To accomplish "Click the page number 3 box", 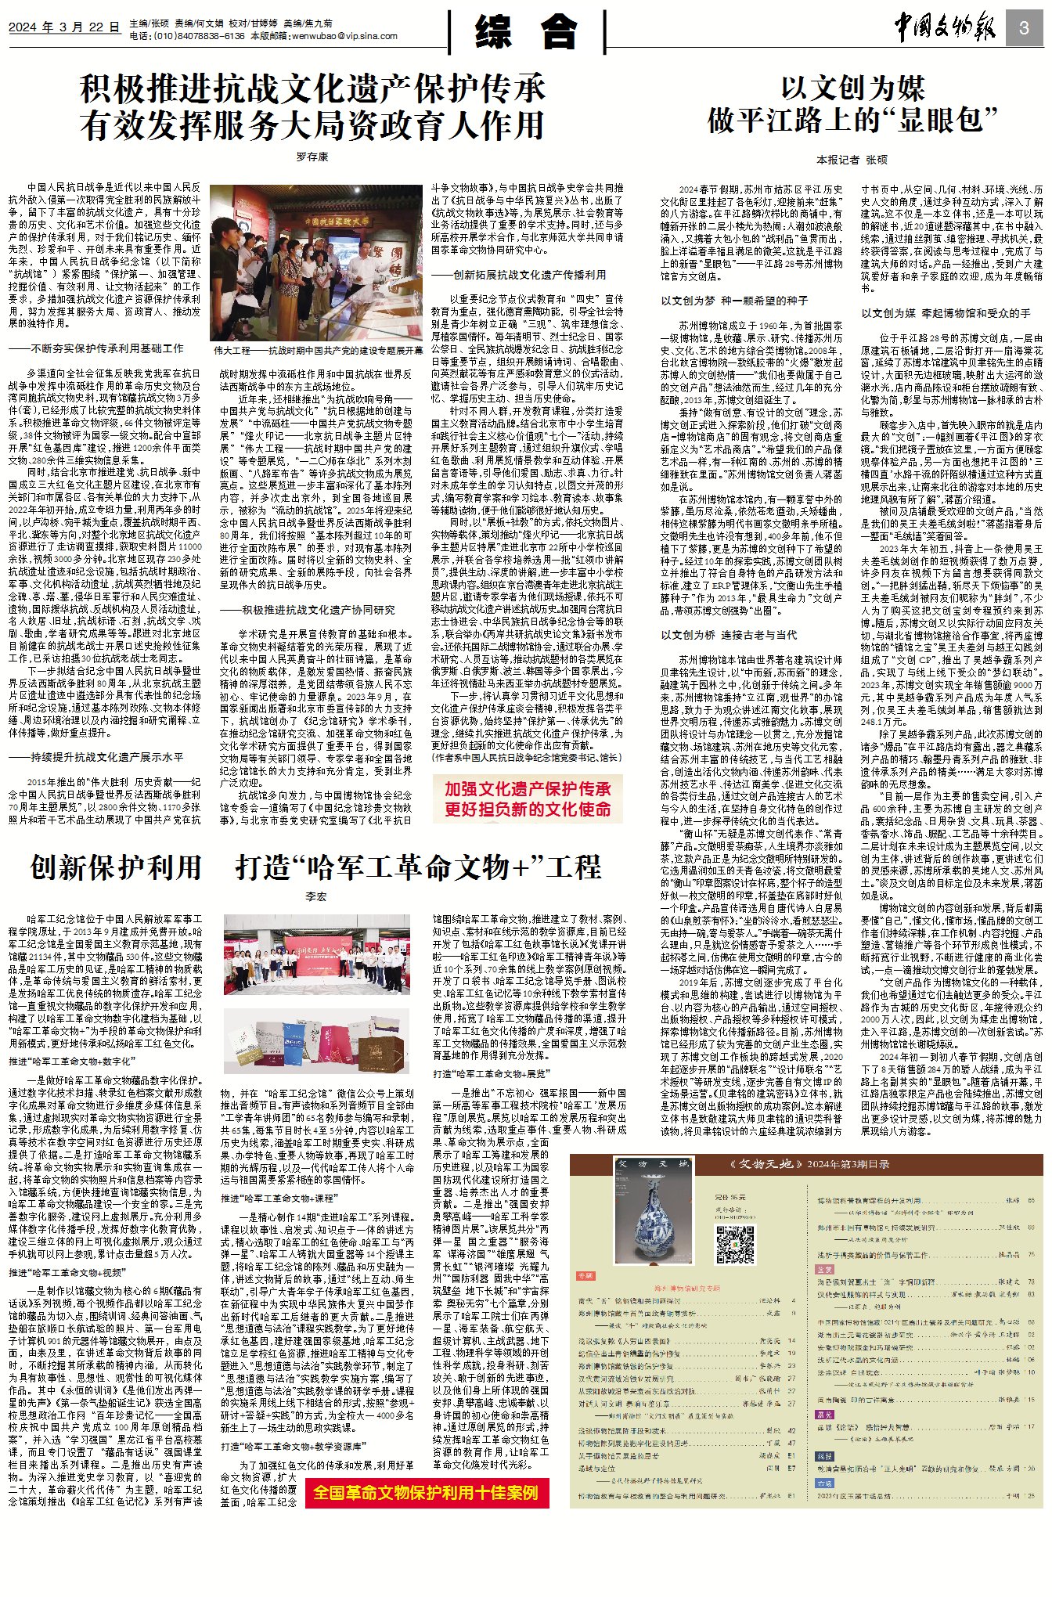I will point(1024,27).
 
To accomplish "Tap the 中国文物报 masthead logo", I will point(947,28).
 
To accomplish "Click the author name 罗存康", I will point(312,157).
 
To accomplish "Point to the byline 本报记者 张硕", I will point(852,159).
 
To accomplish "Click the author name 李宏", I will point(315,896).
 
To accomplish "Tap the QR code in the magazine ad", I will point(735,1244).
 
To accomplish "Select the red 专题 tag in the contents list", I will point(585,1276).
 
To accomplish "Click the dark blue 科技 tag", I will point(824,1456).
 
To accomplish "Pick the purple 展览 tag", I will point(824,1415).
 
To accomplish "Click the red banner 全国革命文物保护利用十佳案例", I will point(427,1493).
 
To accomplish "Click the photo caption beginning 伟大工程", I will point(318,351).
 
